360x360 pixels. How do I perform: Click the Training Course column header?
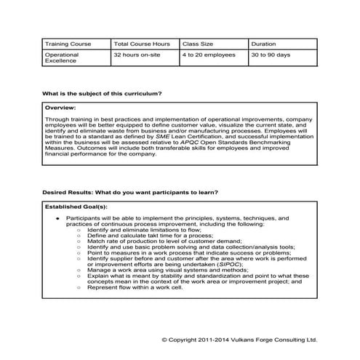click(68, 44)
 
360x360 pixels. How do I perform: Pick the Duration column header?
click(262, 44)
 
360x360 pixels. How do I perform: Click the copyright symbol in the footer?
click(165, 340)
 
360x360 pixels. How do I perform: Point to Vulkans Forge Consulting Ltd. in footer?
click(276, 340)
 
